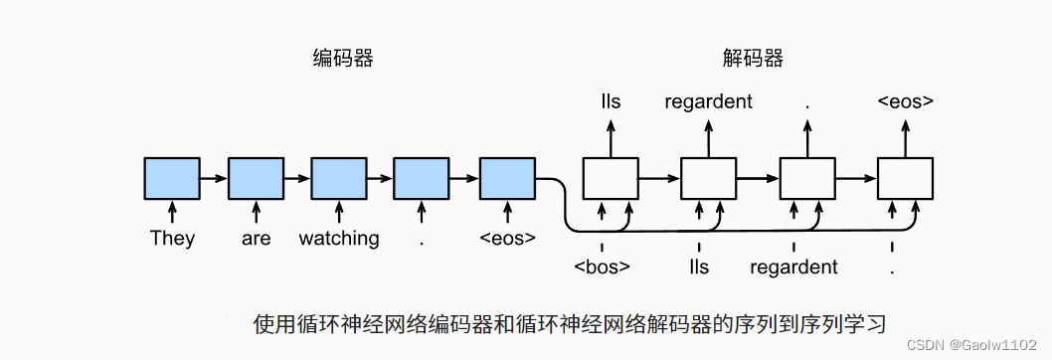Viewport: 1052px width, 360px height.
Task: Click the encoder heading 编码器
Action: pos(343,59)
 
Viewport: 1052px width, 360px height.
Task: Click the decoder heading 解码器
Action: pos(753,59)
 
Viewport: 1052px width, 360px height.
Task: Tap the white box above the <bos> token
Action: pos(610,179)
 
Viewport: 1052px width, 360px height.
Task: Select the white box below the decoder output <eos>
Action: pos(905,179)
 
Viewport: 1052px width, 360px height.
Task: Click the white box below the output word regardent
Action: pos(708,179)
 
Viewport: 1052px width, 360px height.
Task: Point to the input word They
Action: pos(172,239)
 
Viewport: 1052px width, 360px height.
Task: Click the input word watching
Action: pos(339,239)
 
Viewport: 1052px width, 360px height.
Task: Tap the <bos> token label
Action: pos(602,268)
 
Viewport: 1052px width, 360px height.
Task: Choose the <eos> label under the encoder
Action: pos(507,239)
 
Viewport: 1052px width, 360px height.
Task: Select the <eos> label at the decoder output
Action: pos(905,101)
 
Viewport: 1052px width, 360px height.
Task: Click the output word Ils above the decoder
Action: pos(611,101)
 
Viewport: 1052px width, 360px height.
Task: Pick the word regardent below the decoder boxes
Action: pos(793,268)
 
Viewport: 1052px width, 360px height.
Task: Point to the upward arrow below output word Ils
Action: pos(611,136)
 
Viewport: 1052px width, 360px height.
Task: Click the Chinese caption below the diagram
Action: pos(569,324)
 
